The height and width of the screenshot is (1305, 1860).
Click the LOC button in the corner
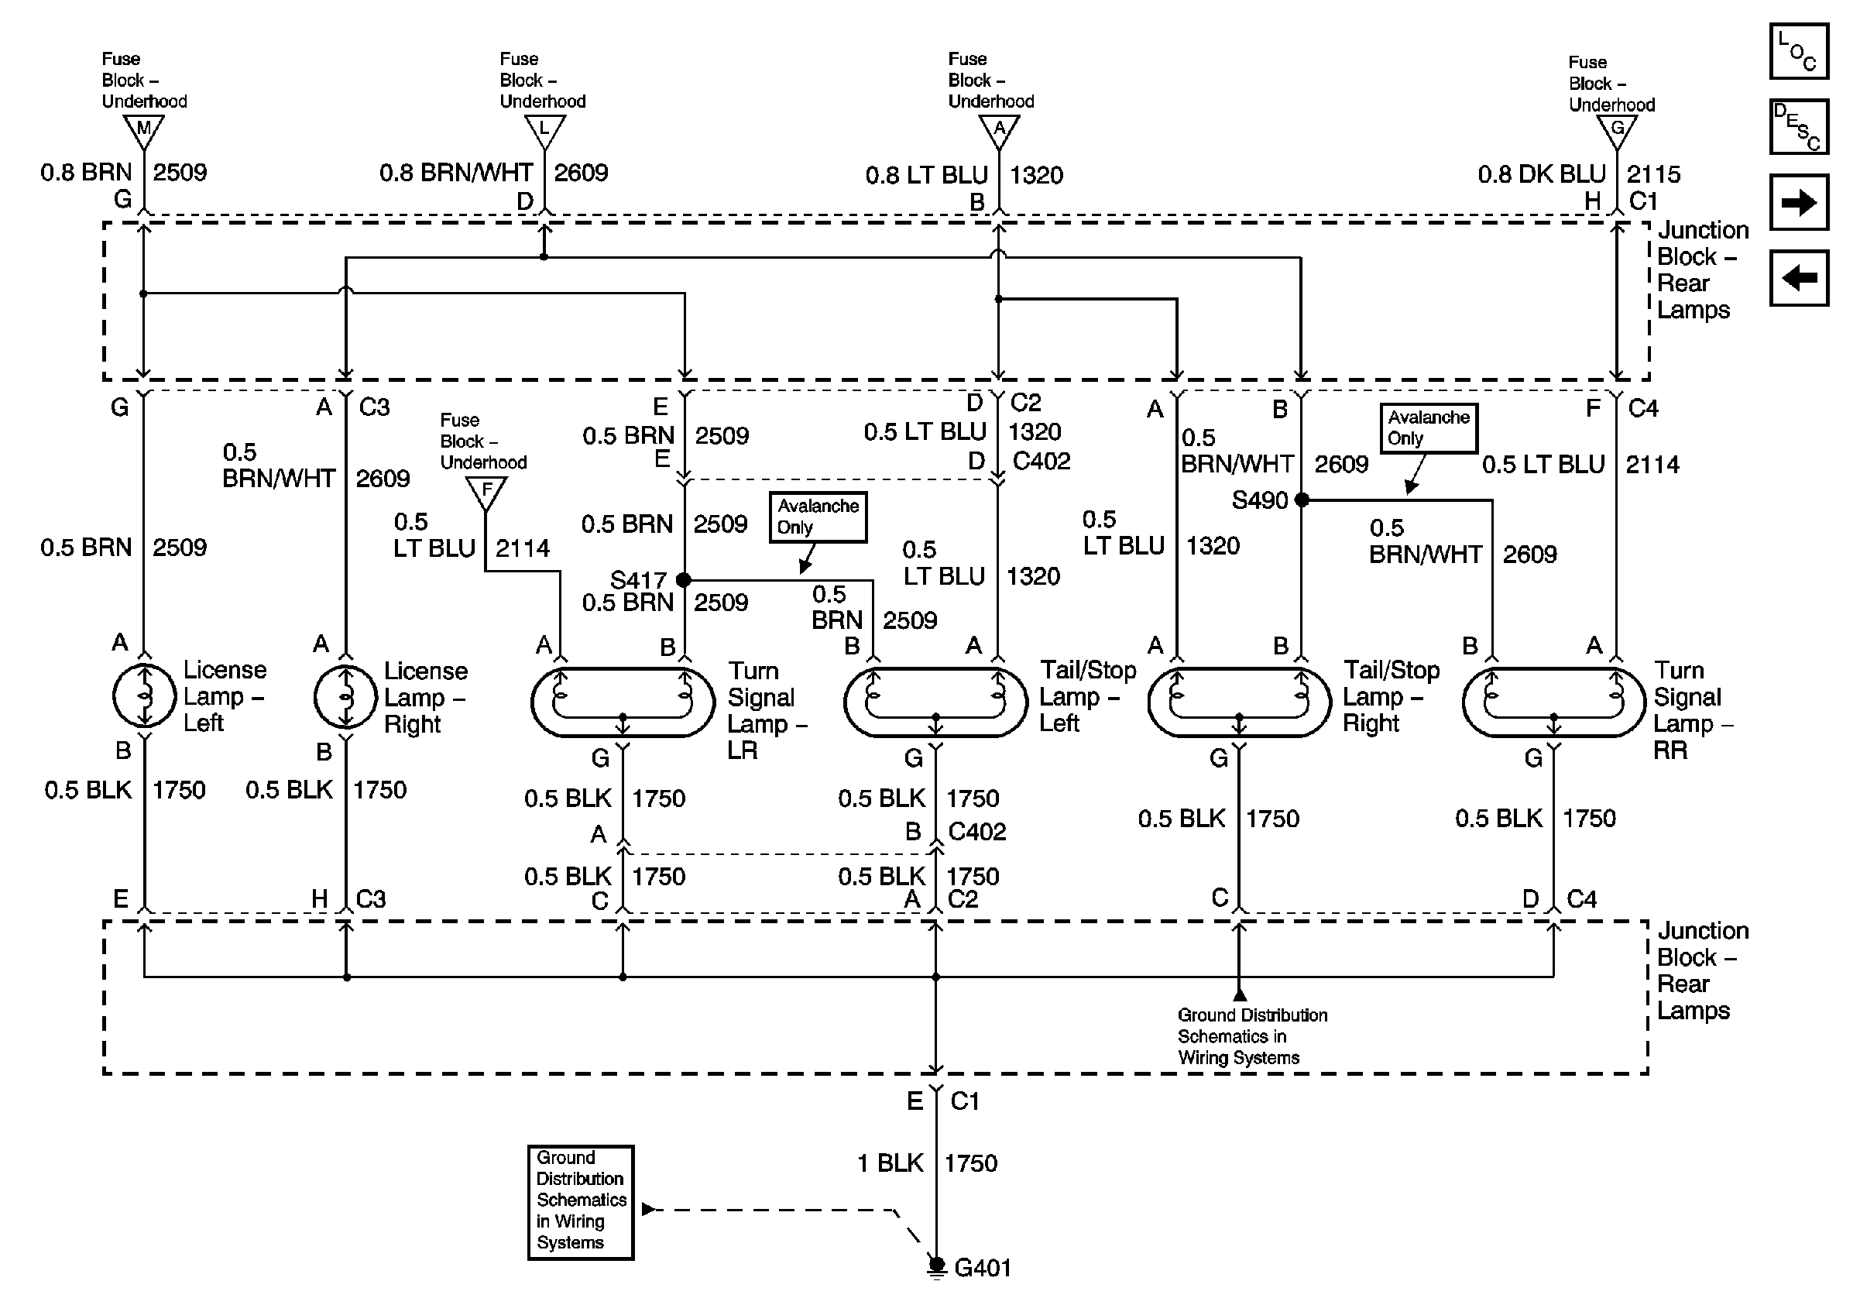[1798, 52]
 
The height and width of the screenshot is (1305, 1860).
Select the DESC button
[1798, 126]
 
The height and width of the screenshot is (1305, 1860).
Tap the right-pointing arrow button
[1798, 201]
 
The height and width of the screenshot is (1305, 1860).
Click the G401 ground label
[983, 1268]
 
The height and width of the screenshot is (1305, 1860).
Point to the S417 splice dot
[684, 580]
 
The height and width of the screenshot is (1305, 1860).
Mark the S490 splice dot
[1302, 500]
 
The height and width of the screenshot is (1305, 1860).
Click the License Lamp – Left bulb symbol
[144, 695]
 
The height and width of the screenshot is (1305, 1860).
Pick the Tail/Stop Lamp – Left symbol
[935, 702]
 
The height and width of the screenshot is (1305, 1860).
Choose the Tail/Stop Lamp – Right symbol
[1239, 702]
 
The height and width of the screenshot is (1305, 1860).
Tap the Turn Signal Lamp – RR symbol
[1554, 702]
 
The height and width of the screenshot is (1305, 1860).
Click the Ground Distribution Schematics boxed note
[580, 1202]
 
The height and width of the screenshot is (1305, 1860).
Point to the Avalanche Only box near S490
[1429, 428]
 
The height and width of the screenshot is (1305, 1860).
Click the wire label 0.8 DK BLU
[1542, 174]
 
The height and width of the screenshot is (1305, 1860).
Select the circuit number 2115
[1653, 174]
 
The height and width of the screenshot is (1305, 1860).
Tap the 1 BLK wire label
[890, 1163]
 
